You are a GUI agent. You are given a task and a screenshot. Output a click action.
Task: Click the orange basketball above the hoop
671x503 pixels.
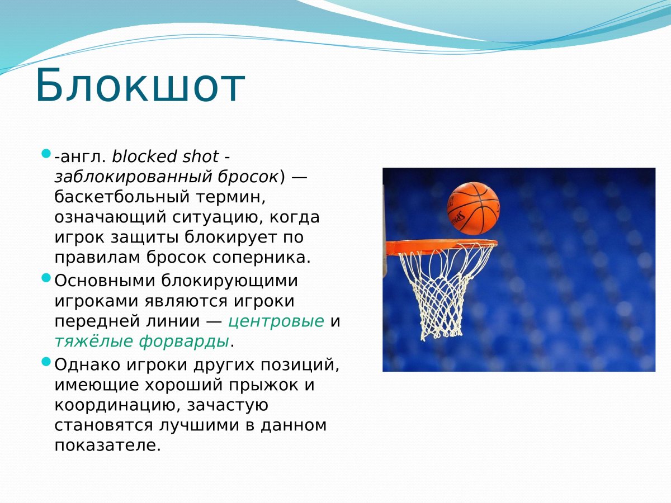tap(473, 208)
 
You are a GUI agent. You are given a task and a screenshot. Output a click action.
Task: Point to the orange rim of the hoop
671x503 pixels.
tap(440, 247)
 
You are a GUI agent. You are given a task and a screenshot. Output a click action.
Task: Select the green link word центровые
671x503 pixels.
tap(276, 321)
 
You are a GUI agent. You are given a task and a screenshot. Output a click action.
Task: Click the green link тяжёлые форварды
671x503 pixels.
tap(142, 341)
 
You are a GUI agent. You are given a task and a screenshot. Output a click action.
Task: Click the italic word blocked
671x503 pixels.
tap(144, 156)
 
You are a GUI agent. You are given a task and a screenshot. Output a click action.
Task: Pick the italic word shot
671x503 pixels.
tap(201, 156)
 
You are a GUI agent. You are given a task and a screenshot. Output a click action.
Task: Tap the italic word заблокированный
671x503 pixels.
tap(133, 177)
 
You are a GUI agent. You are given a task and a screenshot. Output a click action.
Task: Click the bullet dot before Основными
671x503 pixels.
tap(46, 278)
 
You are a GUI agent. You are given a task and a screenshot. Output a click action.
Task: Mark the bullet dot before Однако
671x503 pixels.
tap(46, 362)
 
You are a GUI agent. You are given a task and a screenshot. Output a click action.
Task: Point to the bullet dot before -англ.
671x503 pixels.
tap(46, 153)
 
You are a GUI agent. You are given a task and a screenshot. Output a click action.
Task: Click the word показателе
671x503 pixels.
tap(107, 445)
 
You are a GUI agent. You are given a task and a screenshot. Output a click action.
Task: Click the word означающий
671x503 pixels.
tap(110, 218)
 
